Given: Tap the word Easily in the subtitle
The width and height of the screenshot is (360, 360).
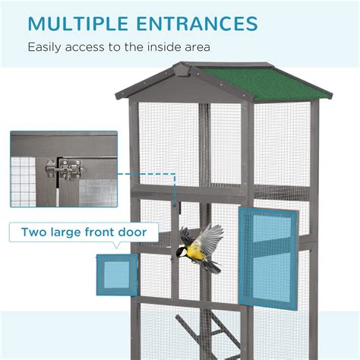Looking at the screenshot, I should (x=47, y=47).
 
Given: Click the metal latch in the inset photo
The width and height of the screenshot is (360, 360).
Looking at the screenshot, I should (x=64, y=169).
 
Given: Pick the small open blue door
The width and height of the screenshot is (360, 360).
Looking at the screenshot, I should (x=117, y=274).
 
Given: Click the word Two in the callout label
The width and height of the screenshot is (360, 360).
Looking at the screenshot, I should (x=35, y=232).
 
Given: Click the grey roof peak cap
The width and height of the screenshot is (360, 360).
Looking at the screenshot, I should (x=182, y=72).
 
